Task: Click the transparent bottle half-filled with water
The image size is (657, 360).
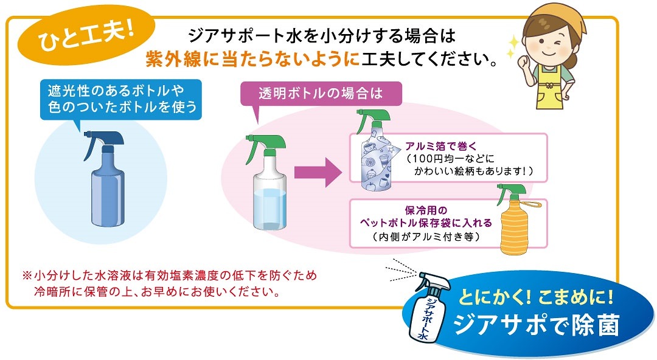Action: pos(269,184)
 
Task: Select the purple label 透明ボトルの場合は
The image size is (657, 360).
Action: pos(321,93)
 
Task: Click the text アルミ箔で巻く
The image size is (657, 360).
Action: pos(441,147)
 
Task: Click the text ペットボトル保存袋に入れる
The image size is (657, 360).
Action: pos(426,223)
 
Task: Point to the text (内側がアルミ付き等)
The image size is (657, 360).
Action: pos(426,237)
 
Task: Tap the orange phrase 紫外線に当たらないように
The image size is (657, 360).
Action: pos(252,60)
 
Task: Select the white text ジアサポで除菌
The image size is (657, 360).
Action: pos(536,325)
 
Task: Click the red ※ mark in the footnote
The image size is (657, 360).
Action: pos(27,275)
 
